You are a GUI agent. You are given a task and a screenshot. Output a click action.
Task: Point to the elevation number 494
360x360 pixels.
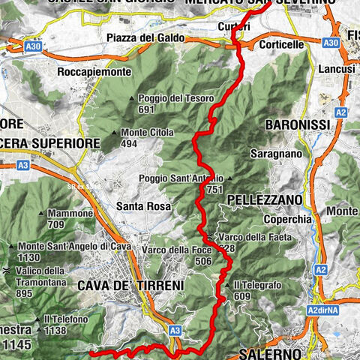130,145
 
